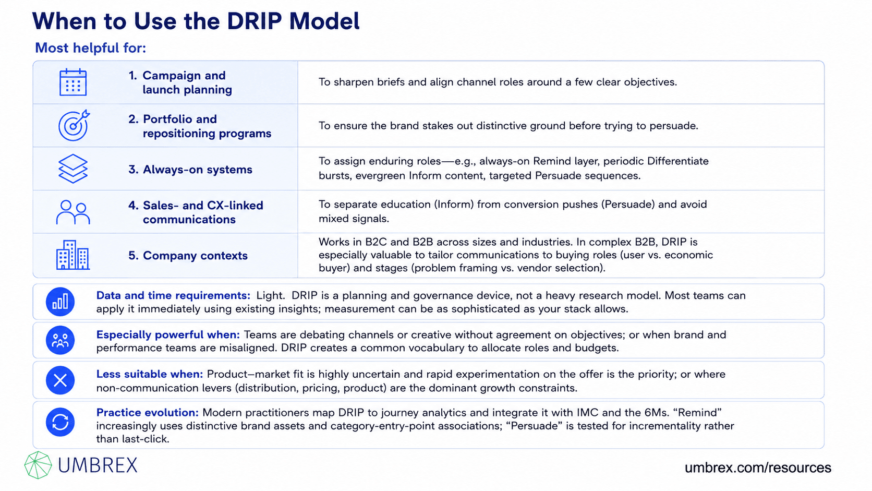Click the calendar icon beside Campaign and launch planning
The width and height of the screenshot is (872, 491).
pyautogui.click(x=73, y=82)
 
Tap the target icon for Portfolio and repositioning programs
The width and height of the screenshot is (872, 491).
pyautogui.click(x=74, y=125)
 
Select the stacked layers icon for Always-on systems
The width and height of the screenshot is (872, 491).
pyautogui.click(x=73, y=169)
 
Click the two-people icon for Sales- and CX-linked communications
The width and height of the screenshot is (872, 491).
pyautogui.click(x=73, y=212)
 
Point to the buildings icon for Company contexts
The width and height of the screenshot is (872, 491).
pyautogui.click(x=73, y=255)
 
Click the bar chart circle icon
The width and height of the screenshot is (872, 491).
pyautogui.click(x=60, y=302)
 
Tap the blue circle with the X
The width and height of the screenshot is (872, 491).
pyautogui.click(x=60, y=380)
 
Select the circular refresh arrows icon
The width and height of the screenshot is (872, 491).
pyautogui.click(x=60, y=422)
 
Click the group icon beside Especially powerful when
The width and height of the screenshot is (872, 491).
pyautogui.click(x=60, y=340)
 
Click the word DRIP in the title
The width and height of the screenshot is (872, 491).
pyautogui.click(x=254, y=21)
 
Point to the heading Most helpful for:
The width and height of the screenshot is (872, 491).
pyautogui.click(x=90, y=48)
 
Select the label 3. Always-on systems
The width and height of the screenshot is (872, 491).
pyautogui.click(x=190, y=170)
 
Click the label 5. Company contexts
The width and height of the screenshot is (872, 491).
pyautogui.click(x=188, y=256)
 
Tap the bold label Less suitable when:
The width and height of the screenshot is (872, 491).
pyautogui.click(x=150, y=374)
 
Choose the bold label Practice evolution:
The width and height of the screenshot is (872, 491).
pyautogui.click(x=147, y=412)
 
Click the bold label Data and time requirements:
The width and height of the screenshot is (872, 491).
pyautogui.click(x=173, y=295)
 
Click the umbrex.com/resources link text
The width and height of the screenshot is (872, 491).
pyautogui.click(x=758, y=467)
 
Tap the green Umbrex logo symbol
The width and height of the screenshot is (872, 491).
pyautogui.click(x=38, y=465)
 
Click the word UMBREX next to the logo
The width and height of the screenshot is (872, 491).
pyautogui.click(x=98, y=465)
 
